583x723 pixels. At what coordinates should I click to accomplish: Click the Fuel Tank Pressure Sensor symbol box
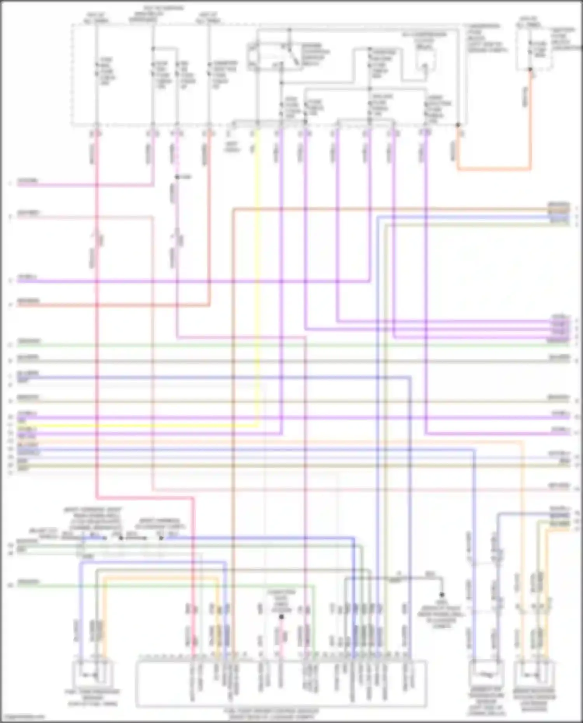coord(93,674)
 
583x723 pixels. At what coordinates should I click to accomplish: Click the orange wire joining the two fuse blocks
coord(494,169)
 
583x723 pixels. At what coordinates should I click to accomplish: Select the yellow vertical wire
coord(257,272)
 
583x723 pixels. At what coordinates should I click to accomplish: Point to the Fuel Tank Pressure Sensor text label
coord(93,698)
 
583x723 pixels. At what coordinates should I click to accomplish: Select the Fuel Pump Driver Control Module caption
coord(271,713)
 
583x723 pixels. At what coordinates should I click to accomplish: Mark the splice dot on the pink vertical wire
coord(177,177)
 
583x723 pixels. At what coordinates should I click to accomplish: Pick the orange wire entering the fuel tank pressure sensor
coord(104,622)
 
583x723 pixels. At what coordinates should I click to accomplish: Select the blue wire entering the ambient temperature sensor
coord(475,583)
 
